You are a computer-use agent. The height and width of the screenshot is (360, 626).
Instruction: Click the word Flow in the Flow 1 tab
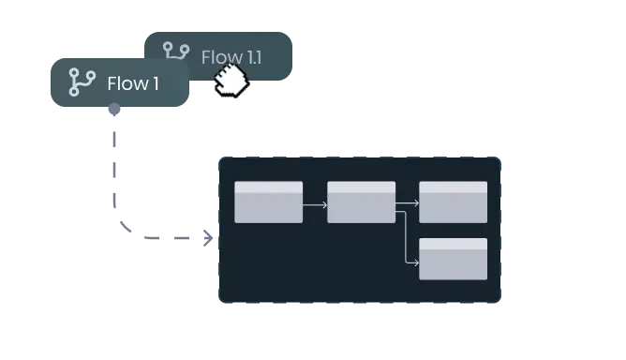pyautogui.click(x=127, y=83)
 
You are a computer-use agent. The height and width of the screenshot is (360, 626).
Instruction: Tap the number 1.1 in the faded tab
pyautogui.click(x=250, y=57)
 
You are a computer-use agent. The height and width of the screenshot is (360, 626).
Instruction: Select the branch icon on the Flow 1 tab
pyautogui.click(x=82, y=83)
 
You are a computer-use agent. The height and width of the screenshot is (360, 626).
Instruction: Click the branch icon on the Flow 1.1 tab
pyautogui.click(x=176, y=52)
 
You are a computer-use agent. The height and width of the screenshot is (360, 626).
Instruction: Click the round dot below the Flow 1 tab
pyautogui.click(x=113, y=111)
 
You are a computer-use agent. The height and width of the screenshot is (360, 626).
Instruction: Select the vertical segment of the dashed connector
pyautogui.click(x=116, y=169)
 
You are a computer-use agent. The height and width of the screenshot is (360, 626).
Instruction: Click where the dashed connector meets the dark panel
pyautogui.click(x=212, y=237)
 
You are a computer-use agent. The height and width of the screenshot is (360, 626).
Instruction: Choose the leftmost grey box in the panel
pyautogui.click(x=268, y=202)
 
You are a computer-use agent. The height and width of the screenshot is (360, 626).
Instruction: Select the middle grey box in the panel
pyautogui.click(x=361, y=202)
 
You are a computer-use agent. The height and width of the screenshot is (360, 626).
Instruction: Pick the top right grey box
pyautogui.click(x=453, y=202)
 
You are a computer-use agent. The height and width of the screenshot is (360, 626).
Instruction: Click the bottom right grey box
pyautogui.click(x=453, y=259)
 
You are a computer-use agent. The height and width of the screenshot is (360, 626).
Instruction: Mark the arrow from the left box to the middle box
pyautogui.click(x=315, y=202)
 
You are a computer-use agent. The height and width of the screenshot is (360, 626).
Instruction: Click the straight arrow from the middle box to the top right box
pyautogui.click(x=407, y=202)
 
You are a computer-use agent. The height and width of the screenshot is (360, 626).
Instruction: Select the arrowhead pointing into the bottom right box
pyautogui.click(x=415, y=263)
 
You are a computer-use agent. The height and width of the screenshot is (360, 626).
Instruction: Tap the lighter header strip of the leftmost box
pyautogui.click(x=268, y=187)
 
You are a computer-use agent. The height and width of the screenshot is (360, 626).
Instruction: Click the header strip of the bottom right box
pyautogui.click(x=453, y=244)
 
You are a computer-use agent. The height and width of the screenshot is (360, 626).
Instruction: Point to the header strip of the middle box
pyautogui.click(x=361, y=187)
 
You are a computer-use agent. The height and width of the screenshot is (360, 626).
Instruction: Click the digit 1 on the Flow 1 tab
pyautogui.click(x=155, y=83)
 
